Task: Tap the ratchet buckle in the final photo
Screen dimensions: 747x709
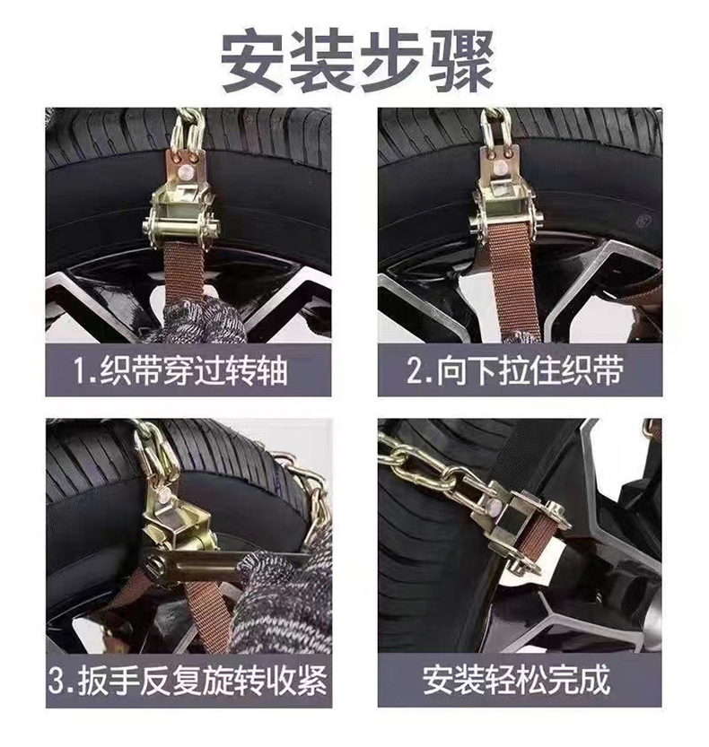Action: [521, 529]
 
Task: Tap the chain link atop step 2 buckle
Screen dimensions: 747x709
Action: [495, 126]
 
